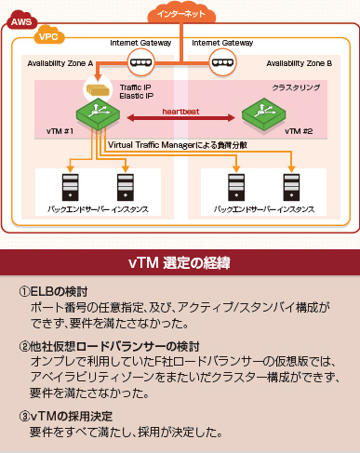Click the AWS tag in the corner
[19, 19]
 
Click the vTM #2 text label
[300, 131]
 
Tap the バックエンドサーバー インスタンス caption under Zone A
[98, 210]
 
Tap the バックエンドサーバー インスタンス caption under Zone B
[260, 210]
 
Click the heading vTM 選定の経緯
[180, 263]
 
